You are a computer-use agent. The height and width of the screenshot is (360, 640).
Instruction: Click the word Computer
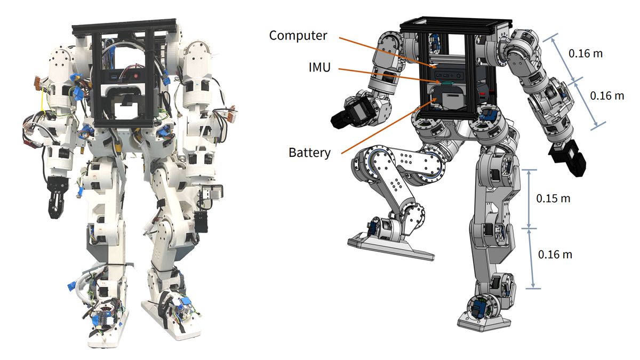coord(298,36)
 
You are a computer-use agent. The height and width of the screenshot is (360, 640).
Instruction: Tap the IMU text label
coord(319,67)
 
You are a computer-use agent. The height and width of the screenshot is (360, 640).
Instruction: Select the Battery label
coord(309,153)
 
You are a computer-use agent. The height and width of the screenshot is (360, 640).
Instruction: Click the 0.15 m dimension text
coord(553,198)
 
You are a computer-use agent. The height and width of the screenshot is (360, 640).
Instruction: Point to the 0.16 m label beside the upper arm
coord(586,53)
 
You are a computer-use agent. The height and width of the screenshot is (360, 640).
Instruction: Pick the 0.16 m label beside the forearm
coord(607,95)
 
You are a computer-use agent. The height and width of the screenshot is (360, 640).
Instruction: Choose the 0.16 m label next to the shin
coord(555,254)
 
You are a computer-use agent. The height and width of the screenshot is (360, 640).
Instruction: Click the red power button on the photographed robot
coord(136,76)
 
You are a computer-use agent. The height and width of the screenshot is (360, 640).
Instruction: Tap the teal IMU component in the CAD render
coord(447,83)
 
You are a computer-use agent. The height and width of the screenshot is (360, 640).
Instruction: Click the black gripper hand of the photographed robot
coord(57,197)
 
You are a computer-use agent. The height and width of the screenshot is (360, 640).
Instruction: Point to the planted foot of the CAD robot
coord(483,322)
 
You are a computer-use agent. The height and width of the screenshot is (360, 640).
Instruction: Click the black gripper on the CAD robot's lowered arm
coord(567,158)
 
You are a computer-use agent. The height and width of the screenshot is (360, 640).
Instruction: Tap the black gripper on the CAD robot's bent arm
coord(347,115)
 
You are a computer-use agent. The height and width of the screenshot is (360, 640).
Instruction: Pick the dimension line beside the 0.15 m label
coord(529,199)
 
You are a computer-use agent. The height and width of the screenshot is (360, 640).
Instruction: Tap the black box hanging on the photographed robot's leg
coord(201,222)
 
